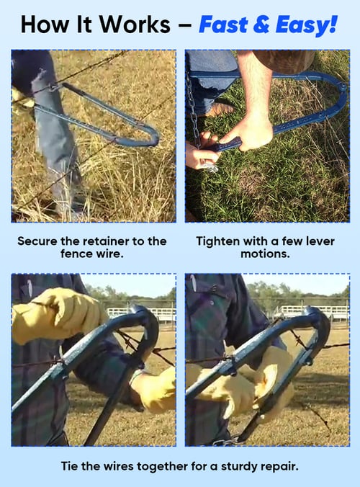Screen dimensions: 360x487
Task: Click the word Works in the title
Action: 135,24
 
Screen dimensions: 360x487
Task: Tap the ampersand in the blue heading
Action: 261,24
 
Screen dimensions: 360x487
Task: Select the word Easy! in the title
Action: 306,25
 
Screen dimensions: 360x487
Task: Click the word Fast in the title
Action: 223,24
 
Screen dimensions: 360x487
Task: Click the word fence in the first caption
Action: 76,254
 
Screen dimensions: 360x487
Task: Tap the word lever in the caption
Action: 320,241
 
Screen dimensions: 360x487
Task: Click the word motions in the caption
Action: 264,254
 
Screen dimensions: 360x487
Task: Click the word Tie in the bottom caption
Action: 68,466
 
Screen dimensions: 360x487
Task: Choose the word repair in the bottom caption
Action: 279,467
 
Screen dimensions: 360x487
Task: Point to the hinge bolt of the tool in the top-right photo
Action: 343,86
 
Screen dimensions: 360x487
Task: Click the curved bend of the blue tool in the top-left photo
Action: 153,137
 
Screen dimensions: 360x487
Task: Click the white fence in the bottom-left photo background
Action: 141,314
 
